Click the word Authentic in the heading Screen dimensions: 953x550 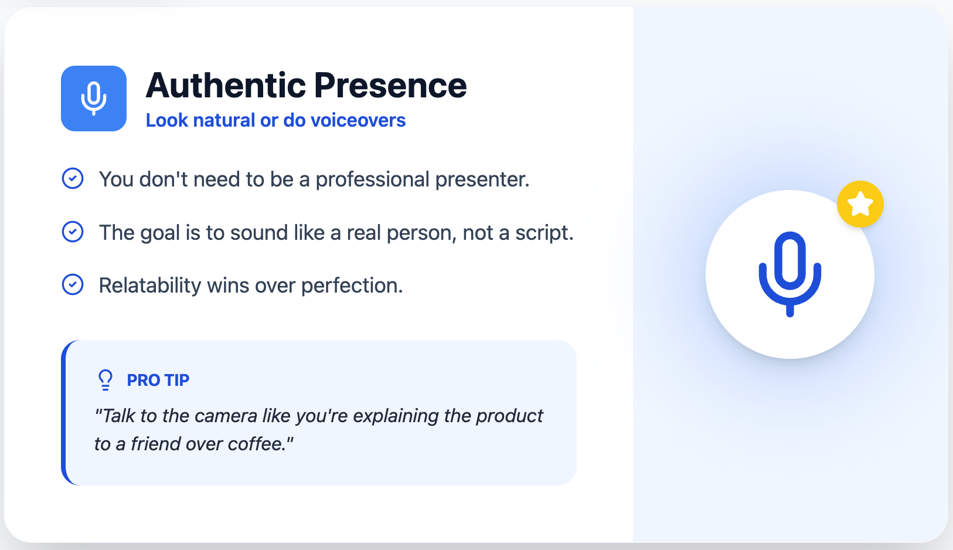point(226,85)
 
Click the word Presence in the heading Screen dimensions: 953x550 point(390,85)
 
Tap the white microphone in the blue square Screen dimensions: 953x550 point(94,99)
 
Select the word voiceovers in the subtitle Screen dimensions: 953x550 point(358,120)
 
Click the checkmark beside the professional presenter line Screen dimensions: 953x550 point(73,178)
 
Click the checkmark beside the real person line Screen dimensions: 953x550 point(73,232)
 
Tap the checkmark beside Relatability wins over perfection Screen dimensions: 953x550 point(73,284)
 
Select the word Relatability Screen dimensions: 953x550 point(150,285)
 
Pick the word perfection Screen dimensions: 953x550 point(352,286)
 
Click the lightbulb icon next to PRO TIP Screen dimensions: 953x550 point(105,380)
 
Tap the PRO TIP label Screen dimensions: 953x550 point(158,380)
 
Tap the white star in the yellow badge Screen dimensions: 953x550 point(860,204)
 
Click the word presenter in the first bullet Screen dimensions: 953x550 point(482,179)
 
